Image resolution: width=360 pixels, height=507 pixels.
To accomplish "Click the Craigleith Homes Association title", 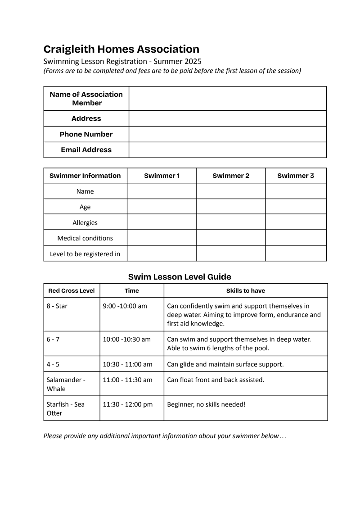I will (x=121, y=49).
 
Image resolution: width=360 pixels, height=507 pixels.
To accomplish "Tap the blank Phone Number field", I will (x=227, y=134).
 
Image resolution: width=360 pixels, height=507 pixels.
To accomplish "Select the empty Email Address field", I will (x=227, y=150).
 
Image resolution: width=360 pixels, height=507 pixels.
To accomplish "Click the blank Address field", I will (x=227, y=118).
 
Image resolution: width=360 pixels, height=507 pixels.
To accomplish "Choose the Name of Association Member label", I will (x=86, y=99).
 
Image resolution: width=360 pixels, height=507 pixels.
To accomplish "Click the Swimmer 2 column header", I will (x=231, y=176).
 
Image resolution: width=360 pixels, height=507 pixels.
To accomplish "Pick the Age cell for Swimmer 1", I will (x=162, y=207).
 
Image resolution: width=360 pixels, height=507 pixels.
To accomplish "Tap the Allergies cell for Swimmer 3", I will (x=296, y=222).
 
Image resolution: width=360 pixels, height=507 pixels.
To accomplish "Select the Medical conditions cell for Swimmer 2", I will (x=231, y=238).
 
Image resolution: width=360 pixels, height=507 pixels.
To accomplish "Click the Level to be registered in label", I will (x=85, y=254).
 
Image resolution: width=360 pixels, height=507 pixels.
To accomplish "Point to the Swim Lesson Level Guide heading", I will (x=180, y=277).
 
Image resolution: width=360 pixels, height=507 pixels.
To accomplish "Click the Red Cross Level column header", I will (x=72, y=290).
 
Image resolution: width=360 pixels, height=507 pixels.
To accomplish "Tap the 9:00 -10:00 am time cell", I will (x=125, y=306).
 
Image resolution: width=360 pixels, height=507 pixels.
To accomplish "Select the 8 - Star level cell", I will (x=57, y=306).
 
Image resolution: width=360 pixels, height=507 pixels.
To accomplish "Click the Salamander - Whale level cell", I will (x=66, y=384).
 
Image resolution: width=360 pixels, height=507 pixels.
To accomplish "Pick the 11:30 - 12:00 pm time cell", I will (x=127, y=404).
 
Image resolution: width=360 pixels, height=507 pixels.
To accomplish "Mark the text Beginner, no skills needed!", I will (x=206, y=404).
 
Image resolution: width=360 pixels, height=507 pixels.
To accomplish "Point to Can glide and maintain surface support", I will (x=225, y=364).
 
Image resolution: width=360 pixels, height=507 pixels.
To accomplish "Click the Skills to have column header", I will (x=245, y=290).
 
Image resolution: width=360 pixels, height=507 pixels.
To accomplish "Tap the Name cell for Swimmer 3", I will (x=296, y=191).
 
